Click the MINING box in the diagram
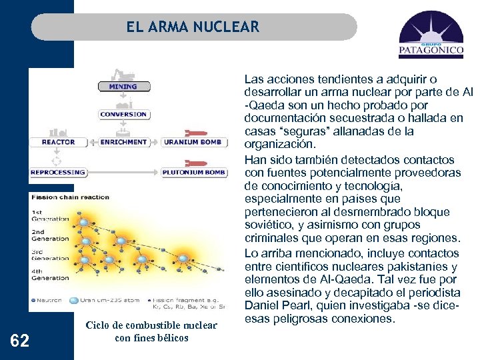coord(123,87)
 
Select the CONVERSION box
coord(123,115)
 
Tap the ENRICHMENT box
coord(123,142)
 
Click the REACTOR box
coord(58,142)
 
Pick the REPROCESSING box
coord(58,172)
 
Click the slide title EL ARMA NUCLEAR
coord(193,27)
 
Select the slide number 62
coord(20,341)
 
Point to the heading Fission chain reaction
coord(71,197)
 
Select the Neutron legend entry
coord(48,301)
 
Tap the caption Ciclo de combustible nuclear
coord(151,325)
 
